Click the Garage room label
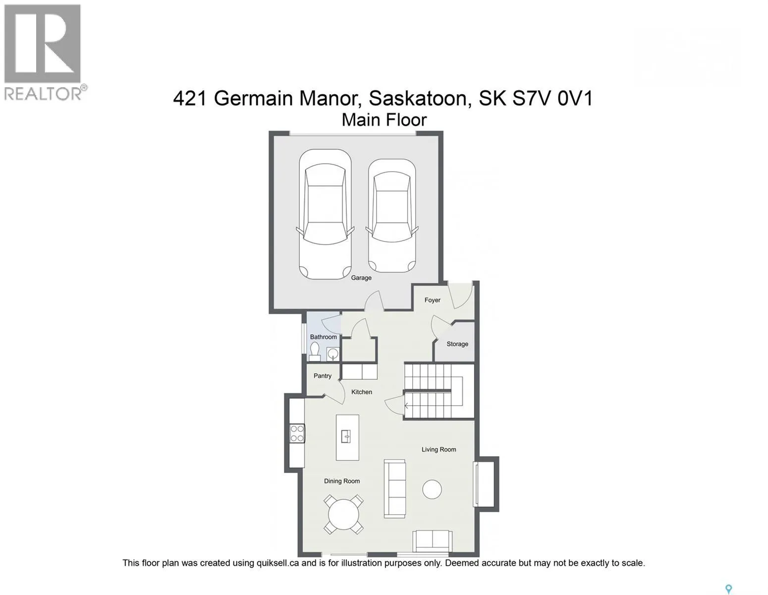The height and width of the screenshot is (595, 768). tap(361, 278)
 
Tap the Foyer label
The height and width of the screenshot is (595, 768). tap(432, 300)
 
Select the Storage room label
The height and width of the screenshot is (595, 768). tap(457, 344)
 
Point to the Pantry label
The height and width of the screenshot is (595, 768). tap(323, 376)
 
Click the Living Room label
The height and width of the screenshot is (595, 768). tap(439, 449)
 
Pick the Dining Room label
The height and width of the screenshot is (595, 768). tap(342, 481)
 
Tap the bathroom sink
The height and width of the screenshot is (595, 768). tap(333, 353)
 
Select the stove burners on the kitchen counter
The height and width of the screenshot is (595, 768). tap(297, 434)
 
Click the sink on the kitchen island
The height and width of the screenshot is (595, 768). tap(346, 437)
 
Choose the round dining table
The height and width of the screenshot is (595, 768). tap(344, 514)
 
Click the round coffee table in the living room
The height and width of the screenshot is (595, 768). tap(432, 489)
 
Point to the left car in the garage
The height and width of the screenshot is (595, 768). tap(325, 214)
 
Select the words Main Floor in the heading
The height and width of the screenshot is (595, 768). tap(384, 120)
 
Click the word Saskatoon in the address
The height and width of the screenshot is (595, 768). tap(420, 98)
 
